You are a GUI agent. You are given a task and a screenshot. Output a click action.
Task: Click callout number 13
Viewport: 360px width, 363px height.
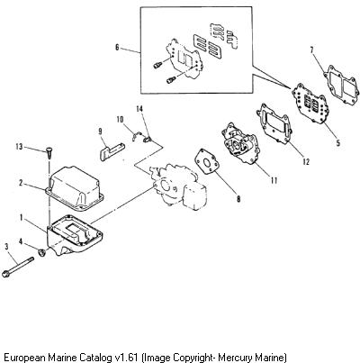[19, 147]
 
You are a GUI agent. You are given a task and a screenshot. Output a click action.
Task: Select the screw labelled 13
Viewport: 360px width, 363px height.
[49, 152]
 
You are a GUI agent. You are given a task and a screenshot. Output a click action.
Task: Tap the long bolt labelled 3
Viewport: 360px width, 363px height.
[18, 267]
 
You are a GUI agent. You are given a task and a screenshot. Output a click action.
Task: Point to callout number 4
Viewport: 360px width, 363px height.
[21, 240]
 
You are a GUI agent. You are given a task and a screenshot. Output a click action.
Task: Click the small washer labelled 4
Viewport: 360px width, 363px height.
[41, 252]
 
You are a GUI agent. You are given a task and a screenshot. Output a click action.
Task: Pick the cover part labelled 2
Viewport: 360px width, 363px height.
[75, 187]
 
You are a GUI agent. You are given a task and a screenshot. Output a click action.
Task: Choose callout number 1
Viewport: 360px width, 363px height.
[22, 217]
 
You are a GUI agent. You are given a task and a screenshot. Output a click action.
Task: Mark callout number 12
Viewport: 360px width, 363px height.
[306, 161]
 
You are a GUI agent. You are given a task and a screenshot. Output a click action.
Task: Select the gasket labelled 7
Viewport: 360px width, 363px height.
[341, 86]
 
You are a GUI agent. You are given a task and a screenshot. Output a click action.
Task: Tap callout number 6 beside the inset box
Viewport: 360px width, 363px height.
[117, 48]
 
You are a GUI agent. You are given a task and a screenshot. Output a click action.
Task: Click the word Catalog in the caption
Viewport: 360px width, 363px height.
[96, 358]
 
